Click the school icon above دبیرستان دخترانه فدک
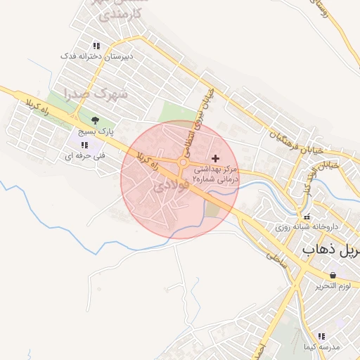tap(96, 45)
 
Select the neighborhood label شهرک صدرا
tap(96, 92)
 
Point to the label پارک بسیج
tap(95, 131)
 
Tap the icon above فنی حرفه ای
tap(84, 145)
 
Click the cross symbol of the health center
tap(214, 159)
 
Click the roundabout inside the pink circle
tap(183, 164)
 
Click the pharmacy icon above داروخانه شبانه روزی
tap(307, 216)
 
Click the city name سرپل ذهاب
tap(330, 250)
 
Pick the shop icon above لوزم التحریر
tap(332, 275)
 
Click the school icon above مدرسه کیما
tap(321, 337)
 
